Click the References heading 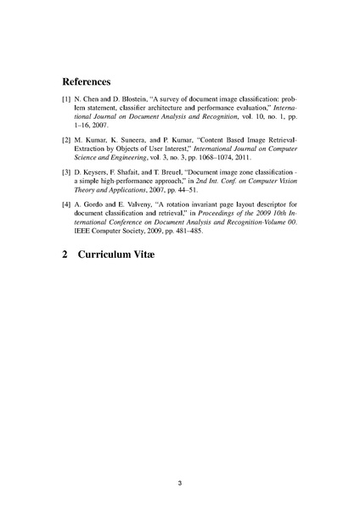point(87,82)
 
